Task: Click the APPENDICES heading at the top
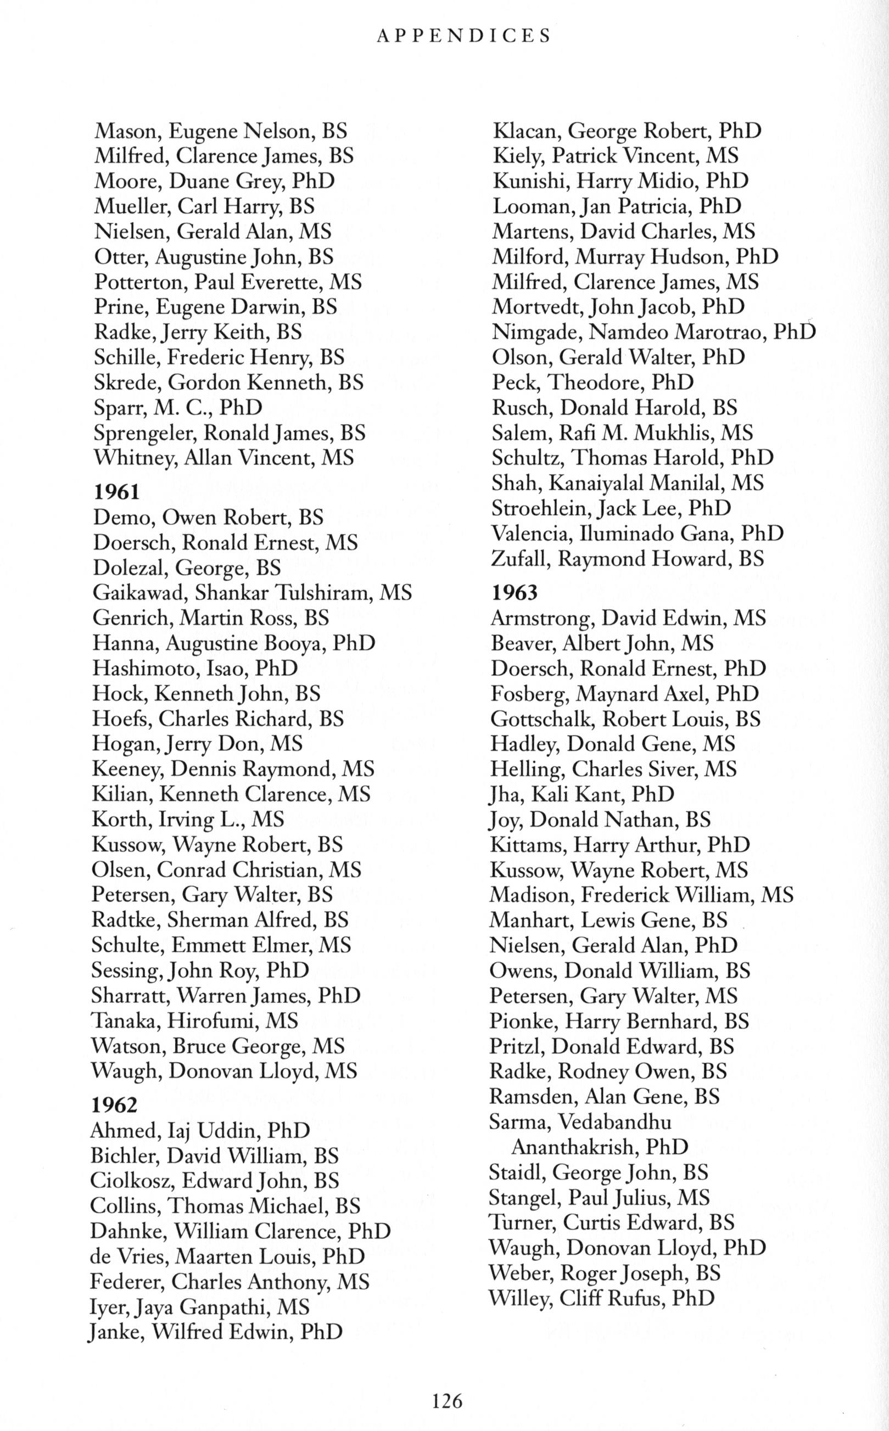point(463,36)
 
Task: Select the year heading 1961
point(116,491)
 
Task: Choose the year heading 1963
point(515,592)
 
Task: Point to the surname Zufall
point(520,558)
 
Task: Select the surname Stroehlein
point(538,508)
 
